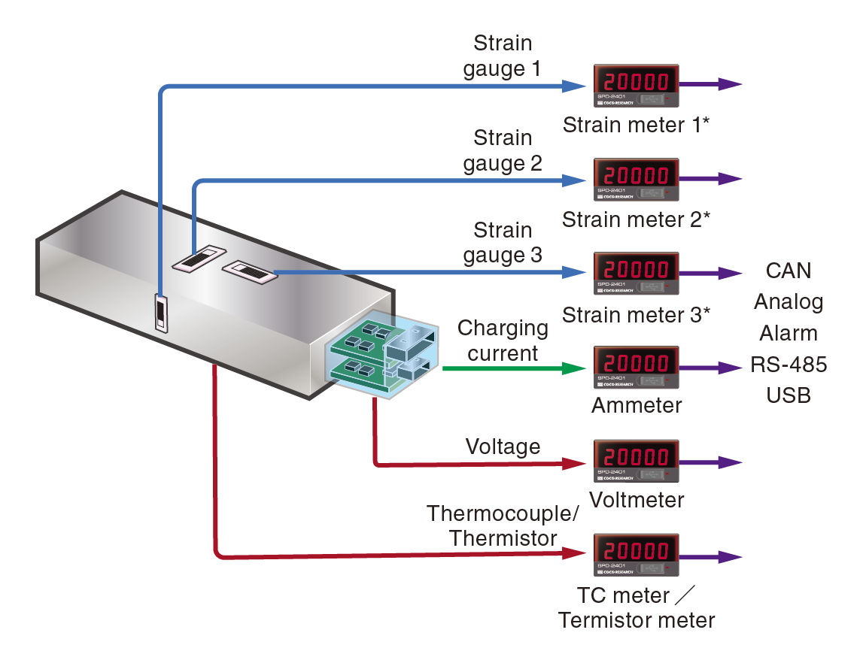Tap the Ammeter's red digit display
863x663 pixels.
(x=637, y=362)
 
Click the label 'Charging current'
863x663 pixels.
(x=503, y=341)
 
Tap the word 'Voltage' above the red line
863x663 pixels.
(x=503, y=447)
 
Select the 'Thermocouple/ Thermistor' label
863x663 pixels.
(x=503, y=525)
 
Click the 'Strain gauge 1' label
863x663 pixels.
(x=503, y=56)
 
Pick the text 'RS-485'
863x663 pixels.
(x=789, y=365)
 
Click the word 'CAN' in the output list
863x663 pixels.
(x=789, y=271)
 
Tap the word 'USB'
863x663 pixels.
(x=789, y=395)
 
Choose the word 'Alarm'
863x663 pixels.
(x=789, y=333)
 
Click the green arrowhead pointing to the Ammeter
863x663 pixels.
(x=576, y=368)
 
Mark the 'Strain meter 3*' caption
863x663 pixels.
(x=637, y=313)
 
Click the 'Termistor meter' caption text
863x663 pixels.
(x=637, y=621)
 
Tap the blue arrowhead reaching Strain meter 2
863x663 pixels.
(x=576, y=180)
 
